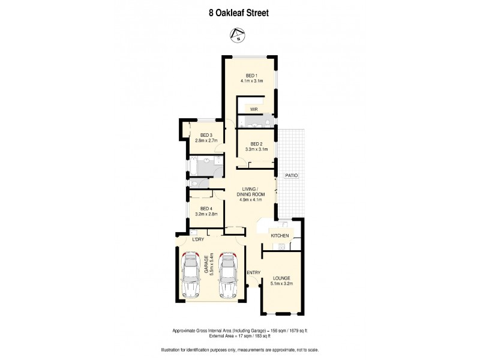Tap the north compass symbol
[239, 34]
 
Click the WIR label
[254, 110]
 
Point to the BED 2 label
[256, 143]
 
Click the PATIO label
[292, 175]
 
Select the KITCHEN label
[280, 236]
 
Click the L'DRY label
[199, 240]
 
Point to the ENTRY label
[254, 273]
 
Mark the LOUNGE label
[281, 278]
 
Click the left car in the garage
[191, 275]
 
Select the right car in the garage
[229, 275]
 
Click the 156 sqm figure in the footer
[276, 331]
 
